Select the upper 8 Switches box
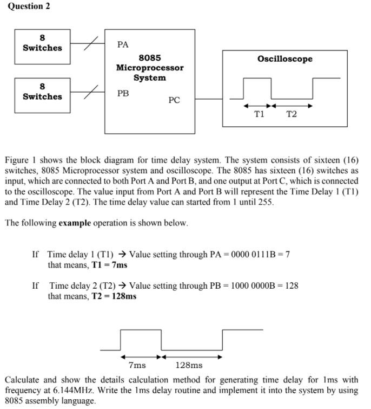pyautogui.click(x=42, y=43)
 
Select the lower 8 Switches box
pyautogui.click(x=42, y=92)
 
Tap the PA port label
pyautogui.click(x=123, y=44)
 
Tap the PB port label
pyautogui.click(x=123, y=93)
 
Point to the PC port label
pyautogui.click(x=174, y=100)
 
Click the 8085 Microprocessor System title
pyautogui.click(x=149, y=67)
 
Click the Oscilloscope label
pyautogui.click(x=284, y=59)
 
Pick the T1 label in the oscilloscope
pyautogui.click(x=260, y=114)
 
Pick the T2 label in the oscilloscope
pyautogui.click(x=291, y=114)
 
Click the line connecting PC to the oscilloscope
pyautogui.click(x=209, y=99)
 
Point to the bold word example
pyautogui.click(x=75, y=223)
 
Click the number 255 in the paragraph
pyautogui.click(x=266, y=202)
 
